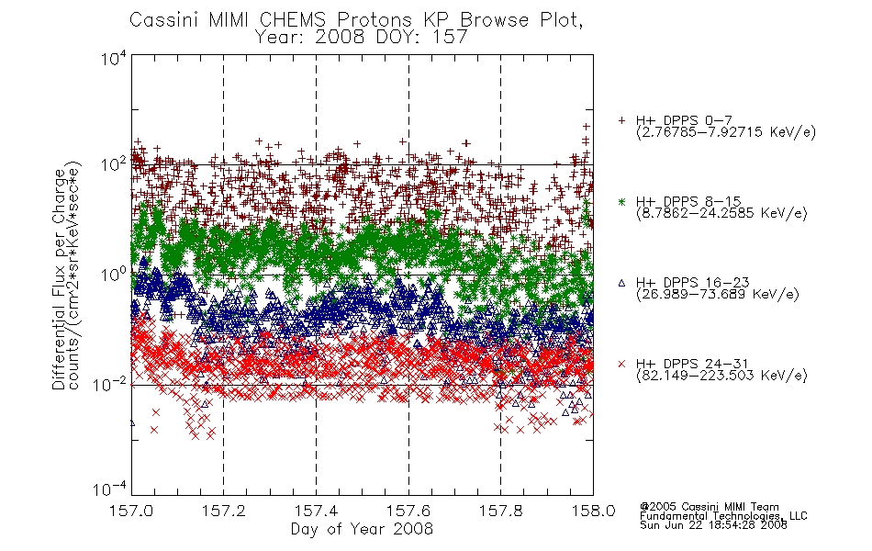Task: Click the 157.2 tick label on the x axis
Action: (224, 511)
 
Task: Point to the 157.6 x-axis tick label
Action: (408, 511)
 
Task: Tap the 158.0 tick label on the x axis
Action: (593, 511)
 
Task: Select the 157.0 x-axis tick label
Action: (131, 511)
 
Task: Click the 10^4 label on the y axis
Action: (114, 58)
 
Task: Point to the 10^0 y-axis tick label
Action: (114, 275)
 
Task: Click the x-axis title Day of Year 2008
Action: (362, 529)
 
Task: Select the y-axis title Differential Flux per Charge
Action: (59, 279)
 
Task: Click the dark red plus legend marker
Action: (621, 120)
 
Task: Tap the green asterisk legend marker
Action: (621, 201)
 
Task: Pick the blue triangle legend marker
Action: (621, 283)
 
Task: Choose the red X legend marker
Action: (621, 364)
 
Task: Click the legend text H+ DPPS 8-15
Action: (688, 201)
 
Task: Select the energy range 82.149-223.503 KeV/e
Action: (721, 376)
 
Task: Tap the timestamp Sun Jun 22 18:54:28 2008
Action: (713, 525)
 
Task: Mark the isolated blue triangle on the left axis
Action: (132, 423)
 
